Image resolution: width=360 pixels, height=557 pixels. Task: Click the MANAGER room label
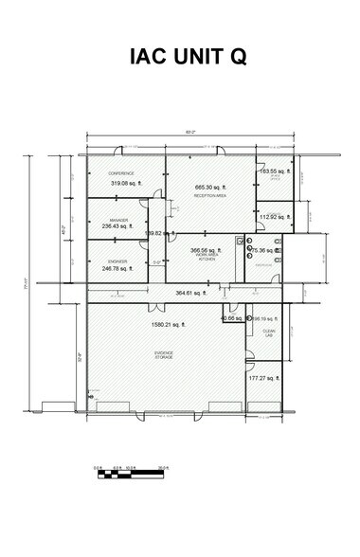(118, 220)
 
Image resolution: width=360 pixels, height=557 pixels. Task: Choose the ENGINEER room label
(118, 261)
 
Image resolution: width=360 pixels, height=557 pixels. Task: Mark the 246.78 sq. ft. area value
(118, 268)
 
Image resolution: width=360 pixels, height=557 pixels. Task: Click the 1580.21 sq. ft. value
(169, 325)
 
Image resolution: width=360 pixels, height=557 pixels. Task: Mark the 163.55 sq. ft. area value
(273, 171)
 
